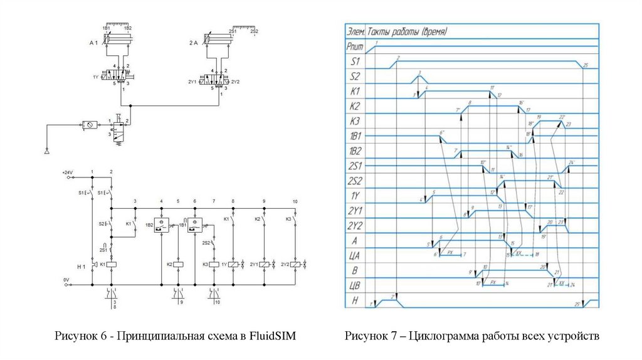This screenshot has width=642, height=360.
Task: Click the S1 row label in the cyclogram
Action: coord(355,61)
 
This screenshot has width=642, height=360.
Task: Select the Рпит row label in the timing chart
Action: coord(355,46)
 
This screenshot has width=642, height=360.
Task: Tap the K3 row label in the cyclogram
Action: coord(355,121)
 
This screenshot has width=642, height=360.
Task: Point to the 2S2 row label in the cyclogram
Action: coord(355,181)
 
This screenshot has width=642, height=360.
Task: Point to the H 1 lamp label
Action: coord(81,267)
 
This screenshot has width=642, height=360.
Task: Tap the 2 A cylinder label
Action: coord(194,43)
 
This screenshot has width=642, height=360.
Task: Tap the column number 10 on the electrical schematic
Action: coord(295,201)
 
